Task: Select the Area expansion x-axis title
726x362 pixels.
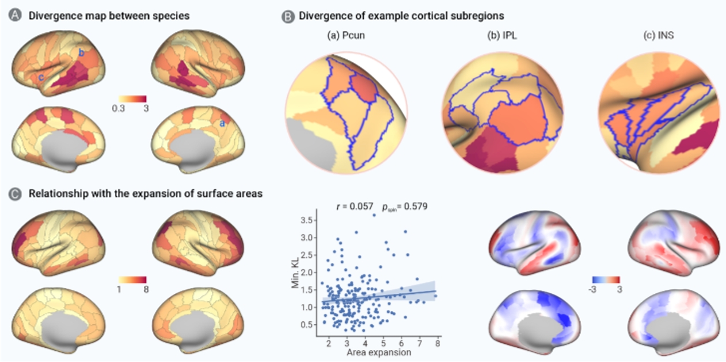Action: pyautogui.click(x=382, y=352)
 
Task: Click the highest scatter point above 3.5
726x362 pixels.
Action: pyautogui.click(x=374, y=215)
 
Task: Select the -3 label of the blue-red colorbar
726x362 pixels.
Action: pyautogui.click(x=598, y=290)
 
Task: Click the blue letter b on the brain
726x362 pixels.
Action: pyautogui.click(x=82, y=54)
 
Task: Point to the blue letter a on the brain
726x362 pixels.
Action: pyautogui.click(x=222, y=123)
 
